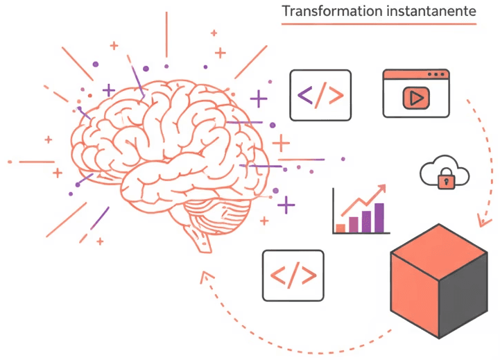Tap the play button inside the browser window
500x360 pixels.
click(416, 98)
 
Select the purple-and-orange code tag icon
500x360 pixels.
click(320, 95)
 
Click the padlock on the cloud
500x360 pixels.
click(445, 180)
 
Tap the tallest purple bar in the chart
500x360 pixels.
click(379, 217)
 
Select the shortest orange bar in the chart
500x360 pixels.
click(340, 228)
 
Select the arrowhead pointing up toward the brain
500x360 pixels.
click(204, 277)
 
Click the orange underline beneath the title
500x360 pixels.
click(379, 25)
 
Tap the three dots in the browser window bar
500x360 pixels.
click(436, 74)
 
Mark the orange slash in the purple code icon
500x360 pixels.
click(320, 95)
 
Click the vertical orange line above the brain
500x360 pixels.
click(166, 34)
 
